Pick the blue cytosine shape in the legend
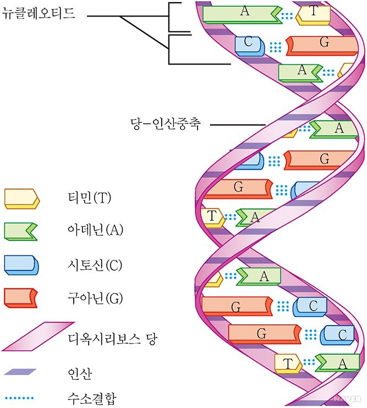coord(21,265)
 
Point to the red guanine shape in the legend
coord(21,298)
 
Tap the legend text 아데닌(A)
coord(93,231)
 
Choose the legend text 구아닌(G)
coord(92,298)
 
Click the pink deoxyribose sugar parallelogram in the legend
coord(37,336)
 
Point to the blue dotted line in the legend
coord(20,395)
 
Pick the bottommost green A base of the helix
coord(338,362)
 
